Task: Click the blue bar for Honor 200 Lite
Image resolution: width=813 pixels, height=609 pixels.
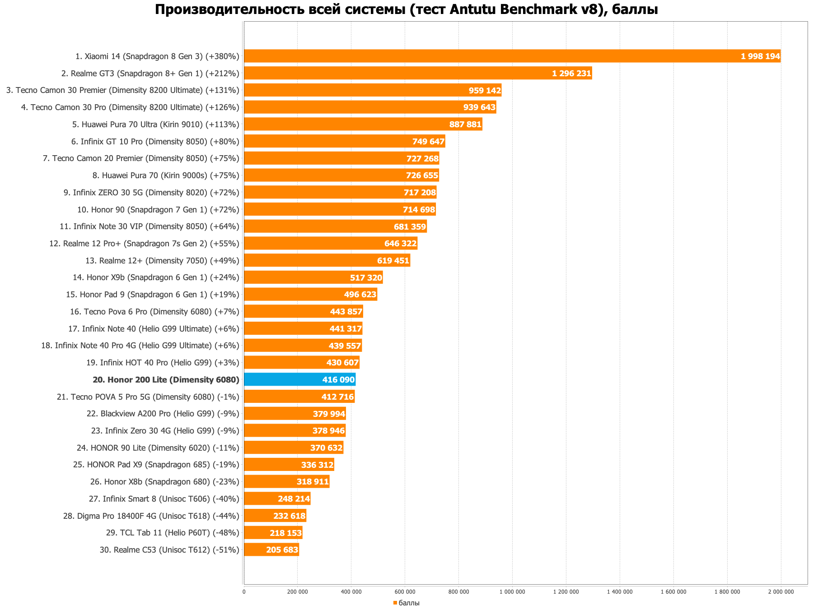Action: (x=299, y=379)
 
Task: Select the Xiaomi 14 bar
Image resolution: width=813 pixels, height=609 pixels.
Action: (x=512, y=56)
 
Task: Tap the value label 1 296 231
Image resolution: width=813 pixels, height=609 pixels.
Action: (x=571, y=73)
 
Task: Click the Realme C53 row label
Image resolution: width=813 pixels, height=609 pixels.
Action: (x=169, y=550)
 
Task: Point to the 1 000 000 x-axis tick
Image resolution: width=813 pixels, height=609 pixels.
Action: (x=512, y=592)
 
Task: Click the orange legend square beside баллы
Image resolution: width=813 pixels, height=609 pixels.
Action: (x=395, y=603)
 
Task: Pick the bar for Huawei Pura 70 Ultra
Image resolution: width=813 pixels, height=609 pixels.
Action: (x=363, y=124)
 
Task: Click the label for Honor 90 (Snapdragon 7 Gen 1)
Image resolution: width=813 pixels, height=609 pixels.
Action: (x=158, y=210)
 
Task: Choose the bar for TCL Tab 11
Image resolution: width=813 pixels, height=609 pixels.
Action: (x=273, y=533)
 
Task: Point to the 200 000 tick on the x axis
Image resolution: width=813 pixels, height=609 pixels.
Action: (x=297, y=592)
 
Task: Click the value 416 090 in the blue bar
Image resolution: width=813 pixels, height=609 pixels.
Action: (x=338, y=380)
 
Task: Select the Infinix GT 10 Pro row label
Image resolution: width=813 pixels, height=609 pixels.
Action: (x=155, y=142)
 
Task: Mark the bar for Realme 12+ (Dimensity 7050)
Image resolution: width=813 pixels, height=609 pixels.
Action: (x=327, y=260)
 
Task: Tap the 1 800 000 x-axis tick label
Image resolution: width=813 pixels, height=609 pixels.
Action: (x=727, y=592)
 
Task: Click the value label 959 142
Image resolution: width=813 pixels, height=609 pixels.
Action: (x=485, y=90)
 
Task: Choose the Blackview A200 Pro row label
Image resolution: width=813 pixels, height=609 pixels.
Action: (x=163, y=414)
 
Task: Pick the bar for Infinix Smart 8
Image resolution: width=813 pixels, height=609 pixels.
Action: (x=277, y=498)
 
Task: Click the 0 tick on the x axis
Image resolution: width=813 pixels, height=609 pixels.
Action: (x=244, y=592)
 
